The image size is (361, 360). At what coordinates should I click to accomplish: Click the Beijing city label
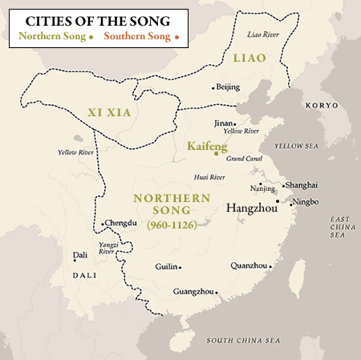[229, 87]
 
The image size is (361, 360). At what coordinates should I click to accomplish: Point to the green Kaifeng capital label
[207, 147]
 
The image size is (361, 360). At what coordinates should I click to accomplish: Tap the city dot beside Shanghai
[282, 185]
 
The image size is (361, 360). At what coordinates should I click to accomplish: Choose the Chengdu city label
[121, 223]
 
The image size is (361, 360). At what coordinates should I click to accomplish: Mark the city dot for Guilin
[180, 268]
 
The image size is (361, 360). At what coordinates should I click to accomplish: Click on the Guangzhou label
[193, 293]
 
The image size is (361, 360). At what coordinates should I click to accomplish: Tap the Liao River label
[264, 35]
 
